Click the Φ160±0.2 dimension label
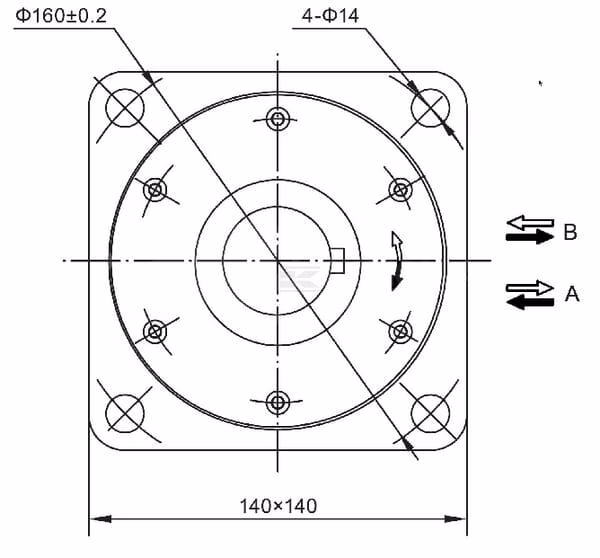tap(61, 16)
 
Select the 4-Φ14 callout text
tap(331, 16)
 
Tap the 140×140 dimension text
tap(278, 506)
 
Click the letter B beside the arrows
tap(570, 232)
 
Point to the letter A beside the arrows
tap(572, 294)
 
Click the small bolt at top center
tap(278, 119)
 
